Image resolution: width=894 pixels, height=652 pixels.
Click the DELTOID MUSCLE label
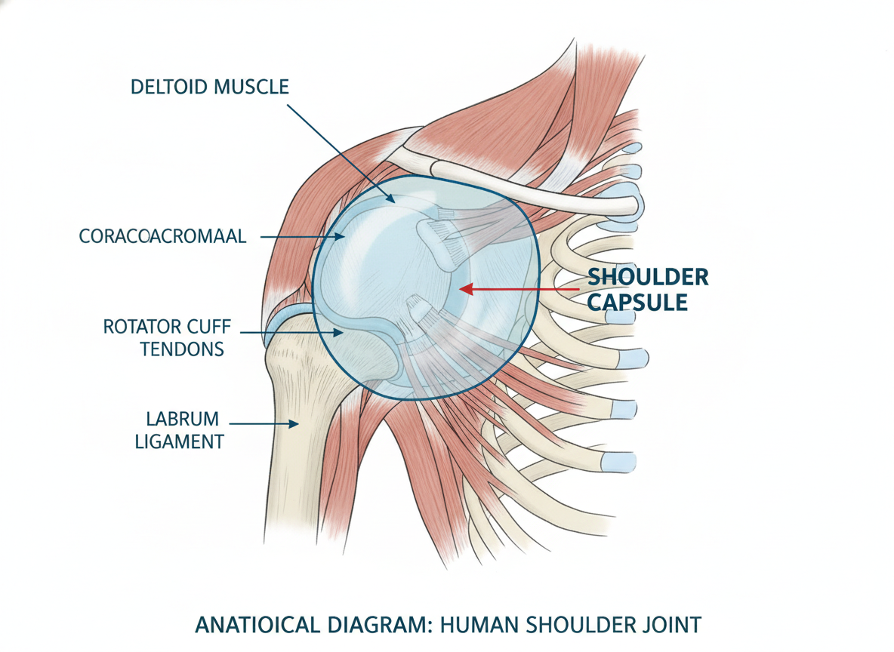click(x=210, y=88)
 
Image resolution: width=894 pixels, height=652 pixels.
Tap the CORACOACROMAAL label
click(x=162, y=236)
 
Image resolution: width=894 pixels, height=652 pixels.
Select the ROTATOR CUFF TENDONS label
click(x=167, y=338)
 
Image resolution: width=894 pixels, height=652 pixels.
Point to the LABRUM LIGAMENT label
click(x=180, y=430)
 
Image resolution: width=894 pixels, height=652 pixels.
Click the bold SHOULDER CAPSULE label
click(x=649, y=290)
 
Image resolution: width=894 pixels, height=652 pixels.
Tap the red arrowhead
click(x=467, y=289)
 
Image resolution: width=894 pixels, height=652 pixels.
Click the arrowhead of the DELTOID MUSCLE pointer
click(x=390, y=198)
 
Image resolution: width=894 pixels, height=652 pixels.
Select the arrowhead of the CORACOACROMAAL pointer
click(x=340, y=236)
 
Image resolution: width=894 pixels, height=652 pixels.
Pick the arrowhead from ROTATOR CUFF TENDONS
click(x=338, y=332)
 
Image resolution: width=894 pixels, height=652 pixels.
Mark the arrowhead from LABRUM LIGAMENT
click(x=294, y=424)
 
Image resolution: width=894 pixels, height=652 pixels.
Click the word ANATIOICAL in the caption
click(x=257, y=626)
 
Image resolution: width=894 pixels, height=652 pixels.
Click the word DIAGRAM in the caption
click(x=381, y=626)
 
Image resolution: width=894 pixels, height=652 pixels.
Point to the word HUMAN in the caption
click(x=479, y=626)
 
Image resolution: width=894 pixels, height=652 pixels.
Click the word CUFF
click(x=210, y=327)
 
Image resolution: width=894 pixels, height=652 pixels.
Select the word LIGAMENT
click(x=180, y=441)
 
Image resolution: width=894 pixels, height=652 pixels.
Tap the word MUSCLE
click(x=251, y=88)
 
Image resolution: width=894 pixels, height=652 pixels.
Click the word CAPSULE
click(x=637, y=302)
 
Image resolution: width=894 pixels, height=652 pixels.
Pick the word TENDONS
click(x=183, y=349)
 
